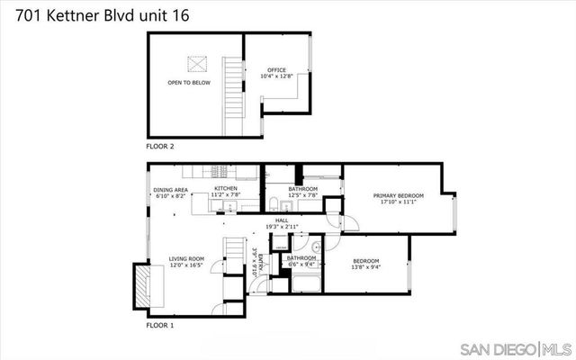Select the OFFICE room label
[x=276, y=70]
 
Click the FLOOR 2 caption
[x=160, y=145]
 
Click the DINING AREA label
[x=170, y=190]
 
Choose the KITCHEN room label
[x=225, y=188]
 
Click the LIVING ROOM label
[x=186, y=258]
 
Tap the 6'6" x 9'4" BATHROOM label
[x=301, y=258]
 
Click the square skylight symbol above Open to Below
[x=197, y=64]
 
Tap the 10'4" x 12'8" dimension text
[x=276, y=76]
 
